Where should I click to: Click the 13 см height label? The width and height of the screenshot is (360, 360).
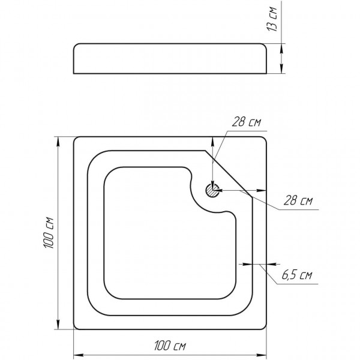point(272,19)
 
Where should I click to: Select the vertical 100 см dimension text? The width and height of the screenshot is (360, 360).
point(49,233)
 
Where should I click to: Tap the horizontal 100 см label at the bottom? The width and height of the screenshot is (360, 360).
point(170,346)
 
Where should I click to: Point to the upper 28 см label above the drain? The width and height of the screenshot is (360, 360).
point(247,122)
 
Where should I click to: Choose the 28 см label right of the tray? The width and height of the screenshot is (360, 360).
point(298,200)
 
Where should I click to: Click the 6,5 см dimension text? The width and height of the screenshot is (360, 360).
point(297,275)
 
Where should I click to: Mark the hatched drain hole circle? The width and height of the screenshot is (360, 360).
point(212,190)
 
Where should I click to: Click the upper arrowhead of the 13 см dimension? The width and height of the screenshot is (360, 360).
point(281,49)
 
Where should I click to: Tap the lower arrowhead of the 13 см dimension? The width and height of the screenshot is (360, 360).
point(281,68)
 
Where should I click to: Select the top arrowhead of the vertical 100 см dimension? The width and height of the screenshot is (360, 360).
point(58,142)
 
